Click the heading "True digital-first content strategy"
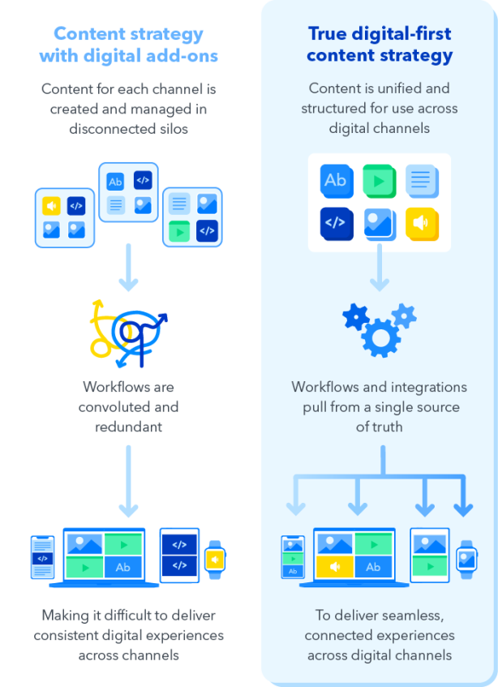coord(380,45)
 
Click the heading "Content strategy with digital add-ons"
coord(128,45)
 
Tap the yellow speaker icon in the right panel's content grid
coord(422,223)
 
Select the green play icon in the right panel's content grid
coord(378,180)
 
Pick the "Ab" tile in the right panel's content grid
coord(335,180)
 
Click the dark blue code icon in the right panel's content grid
coord(335,223)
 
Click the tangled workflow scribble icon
coord(128,331)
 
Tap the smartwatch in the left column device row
coord(215,560)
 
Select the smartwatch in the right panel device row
coord(466,559)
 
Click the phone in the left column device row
coord(42,558)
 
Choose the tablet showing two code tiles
coord(179,556)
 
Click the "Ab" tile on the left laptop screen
coord(123,568)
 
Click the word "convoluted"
coord(128,406)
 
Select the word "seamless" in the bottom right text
coord(409,616)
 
